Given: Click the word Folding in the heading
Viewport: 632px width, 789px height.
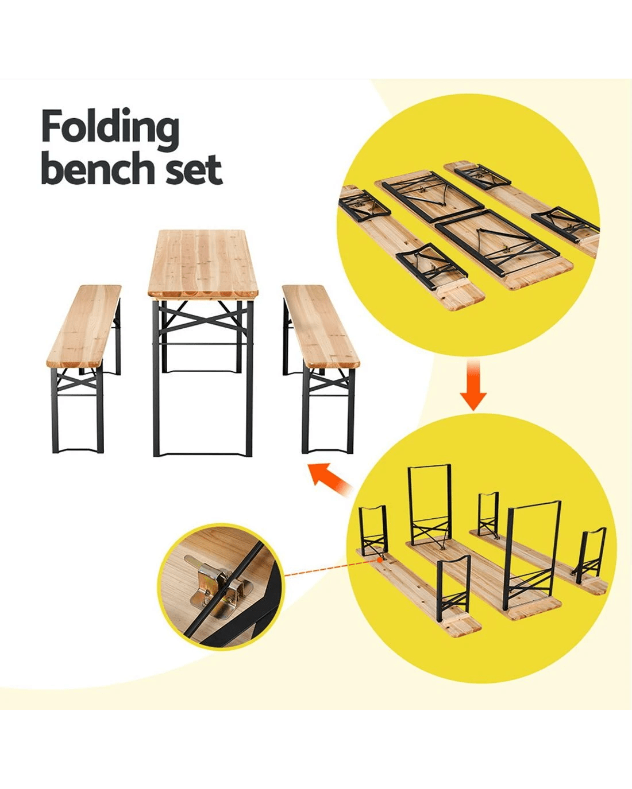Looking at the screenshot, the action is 110,130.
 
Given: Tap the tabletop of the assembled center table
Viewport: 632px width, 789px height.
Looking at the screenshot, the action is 203,263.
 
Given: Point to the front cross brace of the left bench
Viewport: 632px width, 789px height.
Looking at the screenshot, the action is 77,380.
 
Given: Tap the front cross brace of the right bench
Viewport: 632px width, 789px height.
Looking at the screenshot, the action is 328,380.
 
